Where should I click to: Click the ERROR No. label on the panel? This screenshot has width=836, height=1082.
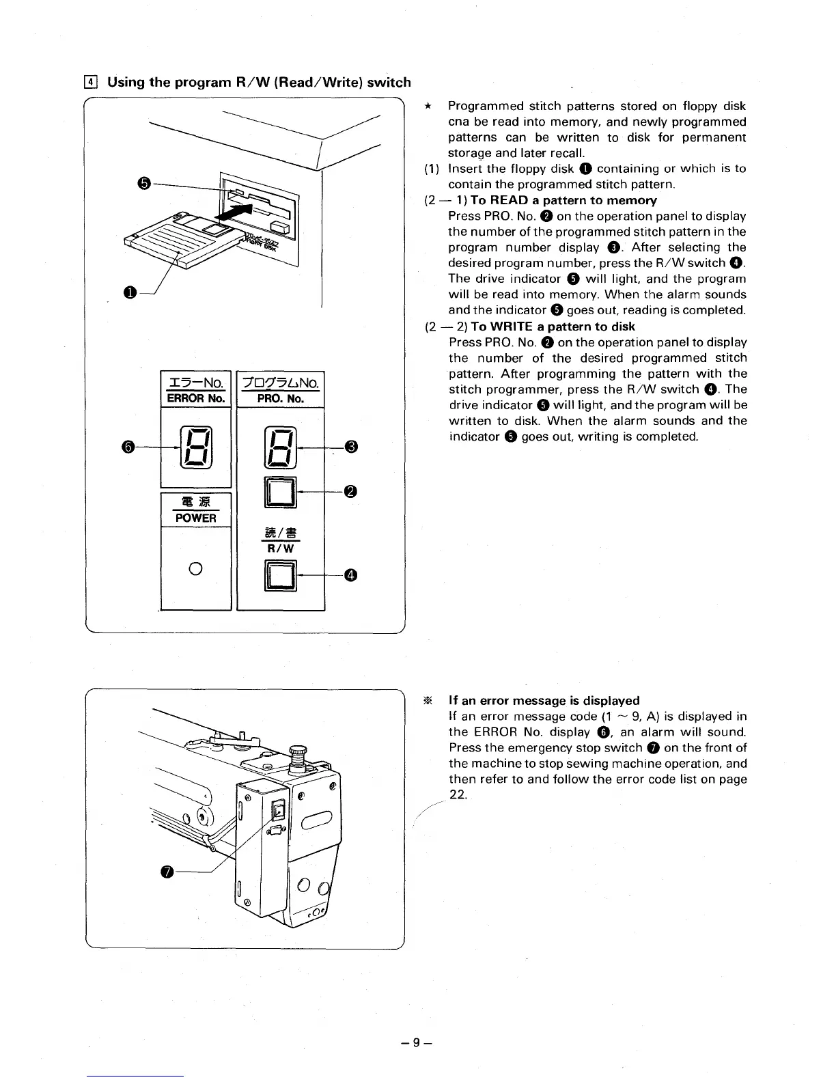click(196, 398)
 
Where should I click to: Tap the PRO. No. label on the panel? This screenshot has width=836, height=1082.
click(280, 398)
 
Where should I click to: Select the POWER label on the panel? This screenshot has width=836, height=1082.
click(195, 518)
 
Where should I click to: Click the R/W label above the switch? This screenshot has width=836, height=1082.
click(279, 548)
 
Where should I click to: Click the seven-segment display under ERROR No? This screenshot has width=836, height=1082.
click(195, 447)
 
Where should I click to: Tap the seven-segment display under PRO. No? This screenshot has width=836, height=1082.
click(279, 447)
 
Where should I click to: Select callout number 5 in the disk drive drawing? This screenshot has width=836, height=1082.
click(142, 183)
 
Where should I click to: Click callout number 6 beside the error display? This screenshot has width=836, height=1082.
click(128, 447)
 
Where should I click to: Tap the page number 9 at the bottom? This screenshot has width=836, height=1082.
click(419, 1043)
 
